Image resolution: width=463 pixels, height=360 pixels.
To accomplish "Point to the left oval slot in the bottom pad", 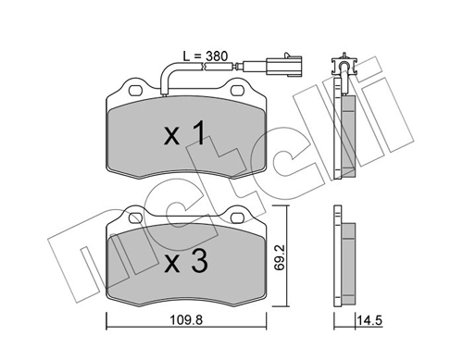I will pos(136,218).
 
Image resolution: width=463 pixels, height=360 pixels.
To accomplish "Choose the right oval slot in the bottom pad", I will pos(240,218).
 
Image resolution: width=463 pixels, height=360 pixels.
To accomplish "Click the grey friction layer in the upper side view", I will pos(349,130).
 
